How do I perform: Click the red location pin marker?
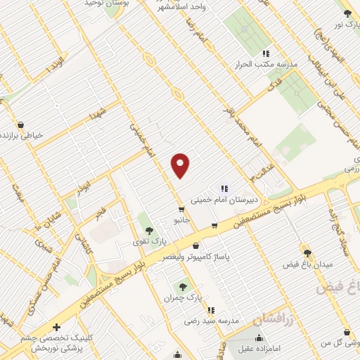(181, 165)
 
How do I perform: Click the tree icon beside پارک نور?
(347, 13)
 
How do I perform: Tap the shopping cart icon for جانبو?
(181, 210)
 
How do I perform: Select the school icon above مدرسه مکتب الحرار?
(266, 53)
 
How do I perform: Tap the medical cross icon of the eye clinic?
(57, 327)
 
